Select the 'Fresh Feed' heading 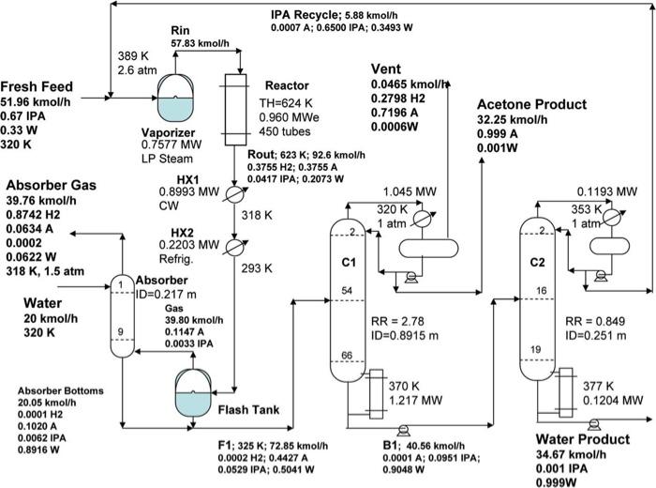(43, 86)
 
